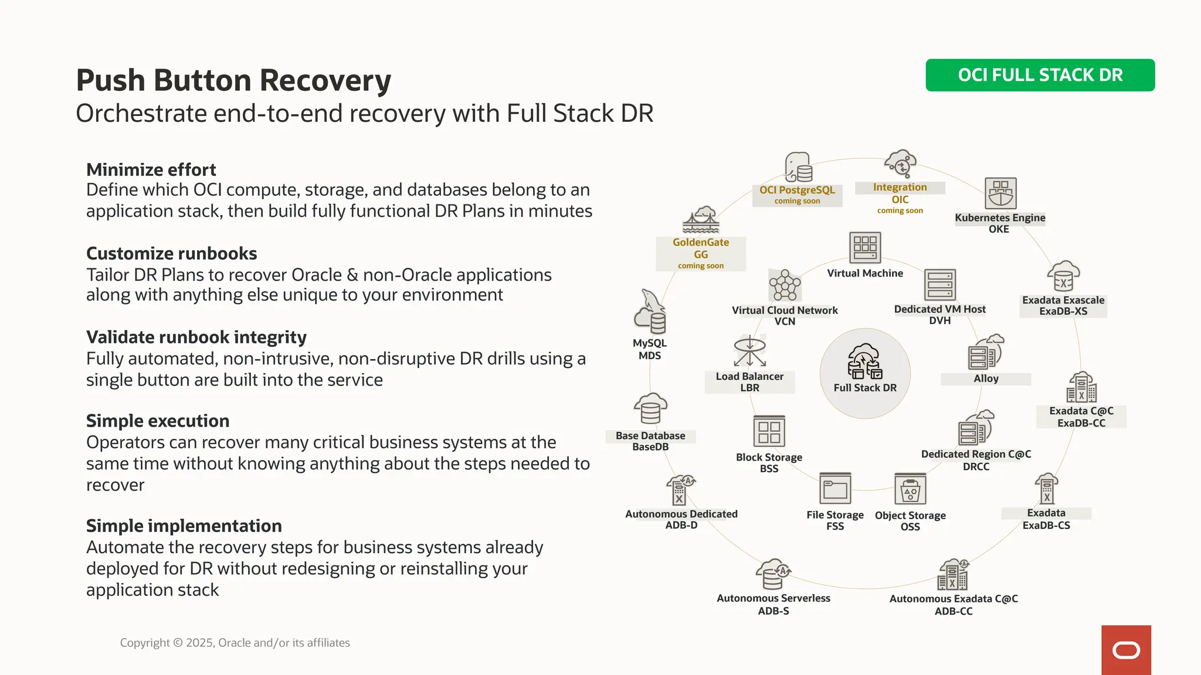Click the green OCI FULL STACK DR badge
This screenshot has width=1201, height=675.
[x=1040, y=75]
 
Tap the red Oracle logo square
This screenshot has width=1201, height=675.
[x=1126, y=650]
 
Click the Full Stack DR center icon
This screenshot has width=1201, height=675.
[x=865, y=362]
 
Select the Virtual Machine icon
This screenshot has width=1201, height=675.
[x=865, y=247]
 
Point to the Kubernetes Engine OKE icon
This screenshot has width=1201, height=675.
[x=1000, y=193]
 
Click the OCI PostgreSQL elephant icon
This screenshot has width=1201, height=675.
[x=798, y=168]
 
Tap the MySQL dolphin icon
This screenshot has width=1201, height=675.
[x=650, y=312]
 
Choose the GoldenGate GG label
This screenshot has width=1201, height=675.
[x=701, y=248]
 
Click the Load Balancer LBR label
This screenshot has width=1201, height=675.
[x=749, y=382]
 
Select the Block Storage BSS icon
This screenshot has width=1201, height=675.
[x=769, y=432]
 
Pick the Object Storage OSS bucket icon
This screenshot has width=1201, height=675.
[x=910, y=489]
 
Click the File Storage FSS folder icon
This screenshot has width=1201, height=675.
[x=835, y=489]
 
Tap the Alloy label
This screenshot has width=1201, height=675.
[x=986, y=379]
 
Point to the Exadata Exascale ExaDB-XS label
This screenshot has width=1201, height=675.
[x=1063, y=305]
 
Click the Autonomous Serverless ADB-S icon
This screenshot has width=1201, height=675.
[x=773, y=574]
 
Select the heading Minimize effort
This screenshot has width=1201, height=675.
[x=151, y=170]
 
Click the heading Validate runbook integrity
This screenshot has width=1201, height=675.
[x=196, y=337]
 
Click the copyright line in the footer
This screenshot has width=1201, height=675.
[x=235, y=643]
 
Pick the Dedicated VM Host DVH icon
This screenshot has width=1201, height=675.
[x=939, y=285]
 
